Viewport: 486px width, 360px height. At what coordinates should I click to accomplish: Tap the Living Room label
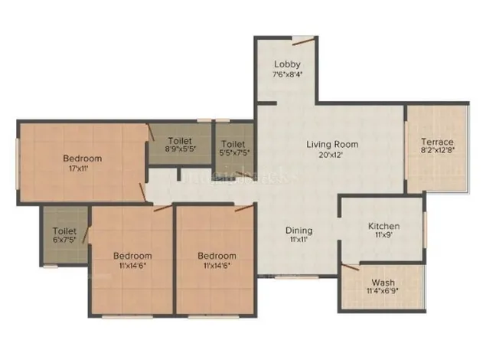[x=332, y=144]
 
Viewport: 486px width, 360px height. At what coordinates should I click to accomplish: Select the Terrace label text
[x=437, y=142]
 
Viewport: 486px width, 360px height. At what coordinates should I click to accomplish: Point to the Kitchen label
[x=383, y=227]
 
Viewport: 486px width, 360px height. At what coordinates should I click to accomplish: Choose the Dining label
[x=298, y=230]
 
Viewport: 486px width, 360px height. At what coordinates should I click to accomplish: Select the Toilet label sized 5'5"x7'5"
[x=233, y=143]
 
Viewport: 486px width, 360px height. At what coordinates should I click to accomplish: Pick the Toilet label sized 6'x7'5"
[x=64, y=231]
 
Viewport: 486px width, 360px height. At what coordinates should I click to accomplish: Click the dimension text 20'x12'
[x=332, y=154]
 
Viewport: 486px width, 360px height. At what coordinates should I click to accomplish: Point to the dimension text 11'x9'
[x=383, y=237]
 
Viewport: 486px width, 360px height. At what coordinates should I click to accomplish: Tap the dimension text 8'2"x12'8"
[x=437, y=152]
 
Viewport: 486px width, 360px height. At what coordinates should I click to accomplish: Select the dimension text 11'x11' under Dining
[x=298, y=240]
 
